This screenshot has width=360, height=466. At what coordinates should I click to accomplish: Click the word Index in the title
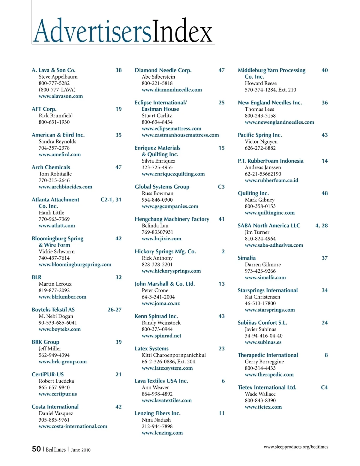tap(182, 31)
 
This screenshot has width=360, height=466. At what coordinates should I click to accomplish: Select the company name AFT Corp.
tap(44, 109)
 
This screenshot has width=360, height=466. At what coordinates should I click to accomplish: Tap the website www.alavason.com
tap(61, 96)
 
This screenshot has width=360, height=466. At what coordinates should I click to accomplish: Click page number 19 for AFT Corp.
tap(118, 109)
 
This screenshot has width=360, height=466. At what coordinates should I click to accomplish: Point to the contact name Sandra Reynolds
tap(57, 141)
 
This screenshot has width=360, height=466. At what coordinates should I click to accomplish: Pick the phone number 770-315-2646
tap(54, 180)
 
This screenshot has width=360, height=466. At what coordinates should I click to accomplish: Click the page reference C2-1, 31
tap(111, 200)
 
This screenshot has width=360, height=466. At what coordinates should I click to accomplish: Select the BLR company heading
tap(37, 277)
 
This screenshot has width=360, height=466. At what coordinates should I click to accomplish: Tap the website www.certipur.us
tap(58, 394)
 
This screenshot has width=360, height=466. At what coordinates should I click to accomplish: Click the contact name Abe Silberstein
tap(158, 77)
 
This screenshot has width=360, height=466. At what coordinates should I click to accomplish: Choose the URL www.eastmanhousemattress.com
tap(180, 135)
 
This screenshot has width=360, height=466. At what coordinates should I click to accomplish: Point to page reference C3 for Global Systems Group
tap(221, 187)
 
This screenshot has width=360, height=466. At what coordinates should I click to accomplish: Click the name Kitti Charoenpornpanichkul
tap(174, 355)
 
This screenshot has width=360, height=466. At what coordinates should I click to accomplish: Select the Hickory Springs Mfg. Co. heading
tap(165, 251)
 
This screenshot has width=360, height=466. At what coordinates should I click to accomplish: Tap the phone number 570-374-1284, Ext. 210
tap(270, 90)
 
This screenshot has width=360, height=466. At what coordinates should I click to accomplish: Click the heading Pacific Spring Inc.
tap(260, 135)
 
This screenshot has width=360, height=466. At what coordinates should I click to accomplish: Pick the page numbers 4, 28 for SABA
tap(321, 226)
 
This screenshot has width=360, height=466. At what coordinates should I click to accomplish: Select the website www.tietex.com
tap(263, 407)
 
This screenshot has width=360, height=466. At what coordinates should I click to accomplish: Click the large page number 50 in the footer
tap(36, 449)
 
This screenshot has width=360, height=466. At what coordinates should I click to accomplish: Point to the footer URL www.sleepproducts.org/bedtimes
tap(296, 447)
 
